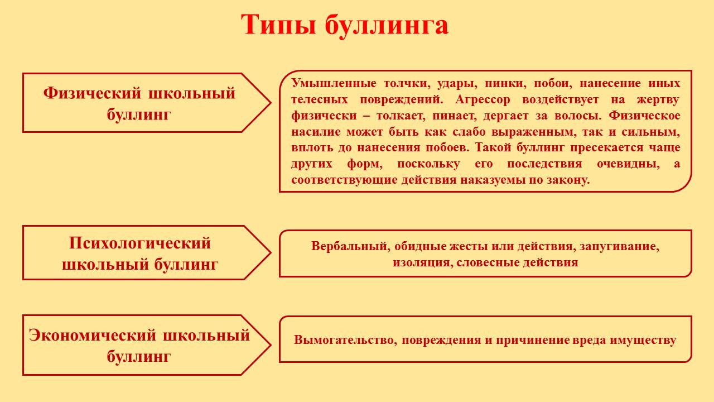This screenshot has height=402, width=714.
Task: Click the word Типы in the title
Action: pos(278,25)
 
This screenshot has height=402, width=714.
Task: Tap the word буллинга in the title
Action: pos(387,26)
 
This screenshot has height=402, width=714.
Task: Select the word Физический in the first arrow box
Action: pos(92,93)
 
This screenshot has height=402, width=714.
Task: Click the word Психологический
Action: pos(140,243)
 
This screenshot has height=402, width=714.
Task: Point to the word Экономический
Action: pos(93,336)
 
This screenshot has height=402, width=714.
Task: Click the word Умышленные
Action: pos(334,83)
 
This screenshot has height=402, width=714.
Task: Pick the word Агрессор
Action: pos(483,100)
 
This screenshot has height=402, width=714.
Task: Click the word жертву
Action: pos(658,100)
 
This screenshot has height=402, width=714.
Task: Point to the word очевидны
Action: pos(628,164)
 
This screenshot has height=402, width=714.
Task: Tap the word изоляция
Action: pos(423,262)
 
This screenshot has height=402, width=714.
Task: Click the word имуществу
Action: pos(643,341)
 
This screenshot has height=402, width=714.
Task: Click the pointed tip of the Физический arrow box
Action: pos(271,103)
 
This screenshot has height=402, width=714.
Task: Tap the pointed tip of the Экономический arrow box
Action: pos(271,345)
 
